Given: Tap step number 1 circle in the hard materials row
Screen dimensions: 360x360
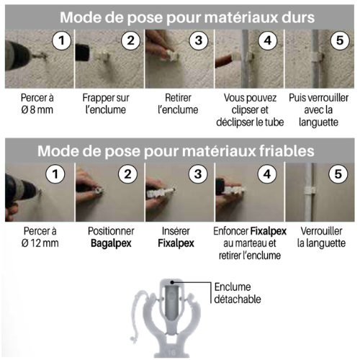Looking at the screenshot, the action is [62, 40].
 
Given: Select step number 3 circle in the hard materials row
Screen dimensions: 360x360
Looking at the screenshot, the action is [199, 40].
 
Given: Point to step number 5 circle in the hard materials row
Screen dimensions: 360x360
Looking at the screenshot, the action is [340, 40].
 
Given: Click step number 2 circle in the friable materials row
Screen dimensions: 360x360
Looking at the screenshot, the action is [128, 174].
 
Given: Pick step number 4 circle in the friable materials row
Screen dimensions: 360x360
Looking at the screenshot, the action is [267, 174].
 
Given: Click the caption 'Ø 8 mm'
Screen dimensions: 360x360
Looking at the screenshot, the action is [37, 110].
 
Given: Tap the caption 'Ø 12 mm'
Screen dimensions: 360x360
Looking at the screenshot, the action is [40, 243].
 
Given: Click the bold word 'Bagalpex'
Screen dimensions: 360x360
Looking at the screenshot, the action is [111, 243].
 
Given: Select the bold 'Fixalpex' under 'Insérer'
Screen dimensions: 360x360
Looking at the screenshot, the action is [176, 243].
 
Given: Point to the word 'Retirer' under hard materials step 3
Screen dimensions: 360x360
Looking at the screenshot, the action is [178, 98].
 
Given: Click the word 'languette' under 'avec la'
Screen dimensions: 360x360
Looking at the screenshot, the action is [318, 122].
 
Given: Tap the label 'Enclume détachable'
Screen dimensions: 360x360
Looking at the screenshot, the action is [238, 293].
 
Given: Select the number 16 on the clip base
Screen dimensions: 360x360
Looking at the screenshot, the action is [171, 352].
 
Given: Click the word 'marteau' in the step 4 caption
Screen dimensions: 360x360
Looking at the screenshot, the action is [249, 243].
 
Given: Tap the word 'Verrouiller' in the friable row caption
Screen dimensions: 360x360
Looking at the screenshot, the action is [321, 231].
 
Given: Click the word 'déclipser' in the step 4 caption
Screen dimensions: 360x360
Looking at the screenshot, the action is [235, 122].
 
